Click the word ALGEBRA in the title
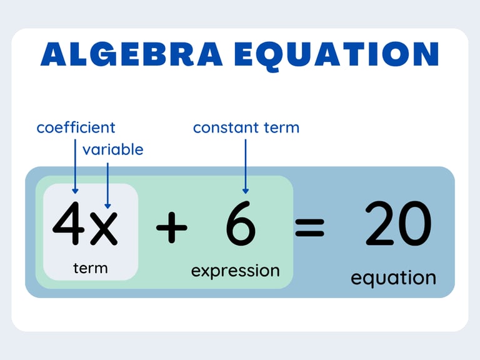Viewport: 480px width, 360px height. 132,54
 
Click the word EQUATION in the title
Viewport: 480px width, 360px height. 337,55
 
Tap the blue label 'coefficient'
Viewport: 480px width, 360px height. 76,127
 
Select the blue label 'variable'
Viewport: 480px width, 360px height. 112,149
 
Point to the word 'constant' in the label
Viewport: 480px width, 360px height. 226,127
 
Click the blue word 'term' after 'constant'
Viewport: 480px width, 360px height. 282,127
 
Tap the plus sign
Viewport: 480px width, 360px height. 171,227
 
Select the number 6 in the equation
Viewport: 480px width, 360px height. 241,223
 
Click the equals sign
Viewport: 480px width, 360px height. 309,227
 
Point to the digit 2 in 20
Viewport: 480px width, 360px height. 380,223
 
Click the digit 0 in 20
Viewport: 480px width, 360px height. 415,223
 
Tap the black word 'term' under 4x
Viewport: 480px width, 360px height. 90,268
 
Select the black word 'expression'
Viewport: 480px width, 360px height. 236,271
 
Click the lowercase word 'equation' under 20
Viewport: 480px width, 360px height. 393,278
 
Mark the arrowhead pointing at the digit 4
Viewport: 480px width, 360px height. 75,191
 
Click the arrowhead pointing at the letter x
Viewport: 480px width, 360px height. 107,206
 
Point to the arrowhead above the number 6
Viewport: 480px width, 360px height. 246,191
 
